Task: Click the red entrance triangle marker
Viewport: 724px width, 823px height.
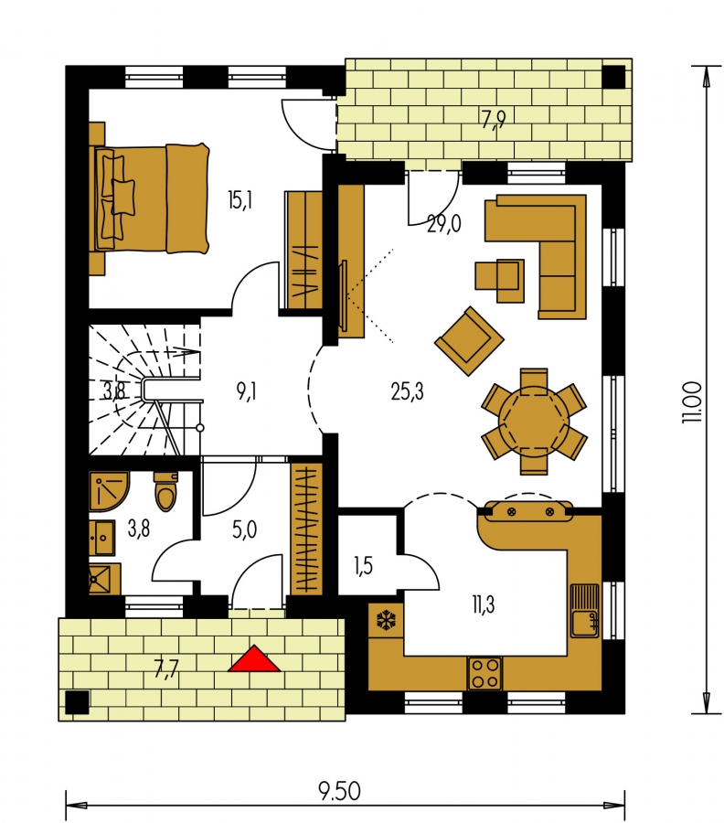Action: tap(254, 659)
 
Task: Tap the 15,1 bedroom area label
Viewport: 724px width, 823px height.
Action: tap(240, 200)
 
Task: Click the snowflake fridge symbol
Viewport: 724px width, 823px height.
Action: tap(386, 620)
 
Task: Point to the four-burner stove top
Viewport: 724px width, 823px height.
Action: tap(484, 673)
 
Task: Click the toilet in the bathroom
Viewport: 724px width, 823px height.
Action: tap(165, 492)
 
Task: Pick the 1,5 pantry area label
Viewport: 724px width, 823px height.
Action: tap(363, 566)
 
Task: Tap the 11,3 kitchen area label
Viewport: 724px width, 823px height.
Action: tap(483, 604)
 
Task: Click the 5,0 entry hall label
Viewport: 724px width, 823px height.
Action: tap(244, 530)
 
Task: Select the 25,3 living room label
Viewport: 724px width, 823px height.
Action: tap(407, 391)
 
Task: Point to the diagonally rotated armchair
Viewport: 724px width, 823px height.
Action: tap(469, 341)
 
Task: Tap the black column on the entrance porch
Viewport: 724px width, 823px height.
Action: tap(77, 702)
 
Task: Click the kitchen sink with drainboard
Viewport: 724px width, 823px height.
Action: tap(584, 610)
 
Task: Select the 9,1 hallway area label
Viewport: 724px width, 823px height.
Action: tap(246, 391)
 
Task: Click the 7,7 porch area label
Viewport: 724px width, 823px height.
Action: tap(167, 669)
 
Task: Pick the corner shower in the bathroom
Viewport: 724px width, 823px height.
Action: tap(108, 491)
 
